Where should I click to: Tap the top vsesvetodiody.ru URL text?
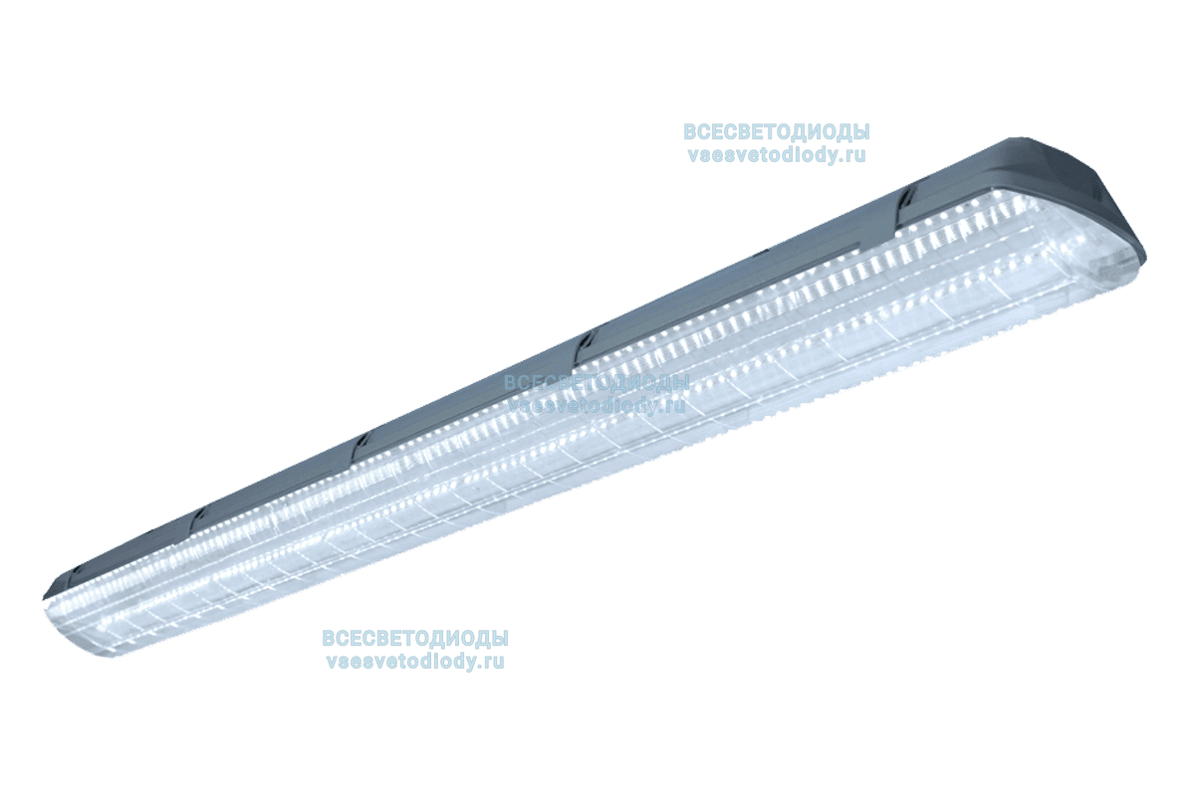tap(776, 154)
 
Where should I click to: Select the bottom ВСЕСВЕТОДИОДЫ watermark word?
tap(415, 638)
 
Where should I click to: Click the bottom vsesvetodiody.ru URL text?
tap(415, 660)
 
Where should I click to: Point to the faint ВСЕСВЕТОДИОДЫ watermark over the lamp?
tap(596, 382)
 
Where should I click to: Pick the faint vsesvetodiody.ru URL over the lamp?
tap(596, 404)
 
